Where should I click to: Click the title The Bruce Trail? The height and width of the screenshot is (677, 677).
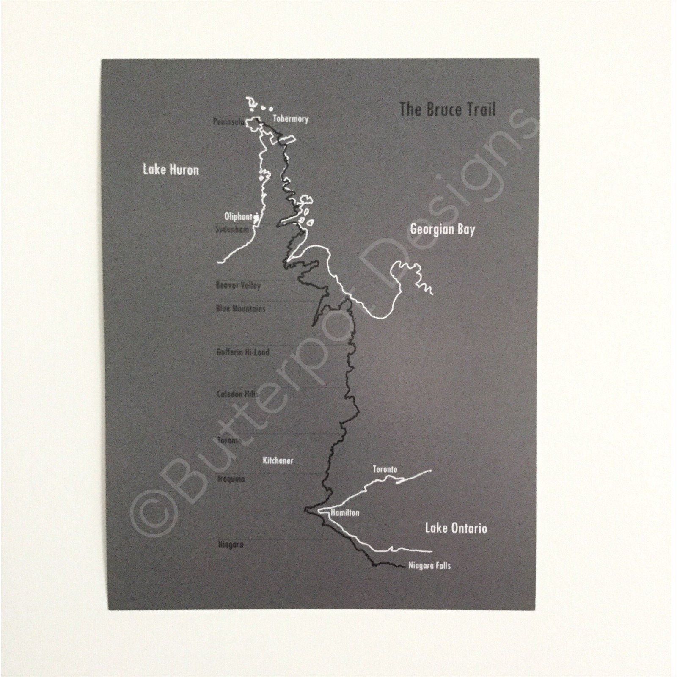point(447,110)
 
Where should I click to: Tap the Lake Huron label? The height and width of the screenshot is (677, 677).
point(171,170)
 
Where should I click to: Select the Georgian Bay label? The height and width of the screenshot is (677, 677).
point(443,230)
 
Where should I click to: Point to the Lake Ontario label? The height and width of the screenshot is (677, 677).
point(456,528)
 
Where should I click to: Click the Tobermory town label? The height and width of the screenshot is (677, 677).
point(290,119)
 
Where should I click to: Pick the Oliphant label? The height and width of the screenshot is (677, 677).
point(238,216)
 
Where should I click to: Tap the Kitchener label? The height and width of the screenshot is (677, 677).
point(278,460)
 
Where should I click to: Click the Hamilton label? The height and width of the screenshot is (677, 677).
point(345,513)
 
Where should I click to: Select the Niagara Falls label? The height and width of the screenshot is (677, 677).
point(429,565)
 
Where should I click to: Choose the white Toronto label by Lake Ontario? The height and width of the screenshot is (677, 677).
point(385,469)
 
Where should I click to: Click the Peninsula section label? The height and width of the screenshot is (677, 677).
point(228,122)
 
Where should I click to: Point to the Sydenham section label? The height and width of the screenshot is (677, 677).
point(232,230)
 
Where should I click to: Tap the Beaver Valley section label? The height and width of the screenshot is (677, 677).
point(238,285)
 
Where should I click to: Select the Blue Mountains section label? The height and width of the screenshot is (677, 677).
point(240,308)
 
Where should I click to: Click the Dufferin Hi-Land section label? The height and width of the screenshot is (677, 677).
point(243,352)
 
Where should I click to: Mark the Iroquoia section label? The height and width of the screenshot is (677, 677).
point(231,479)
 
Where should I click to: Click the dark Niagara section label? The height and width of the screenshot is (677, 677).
point(231,545)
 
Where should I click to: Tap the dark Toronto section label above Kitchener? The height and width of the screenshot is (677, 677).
point(229,440)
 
